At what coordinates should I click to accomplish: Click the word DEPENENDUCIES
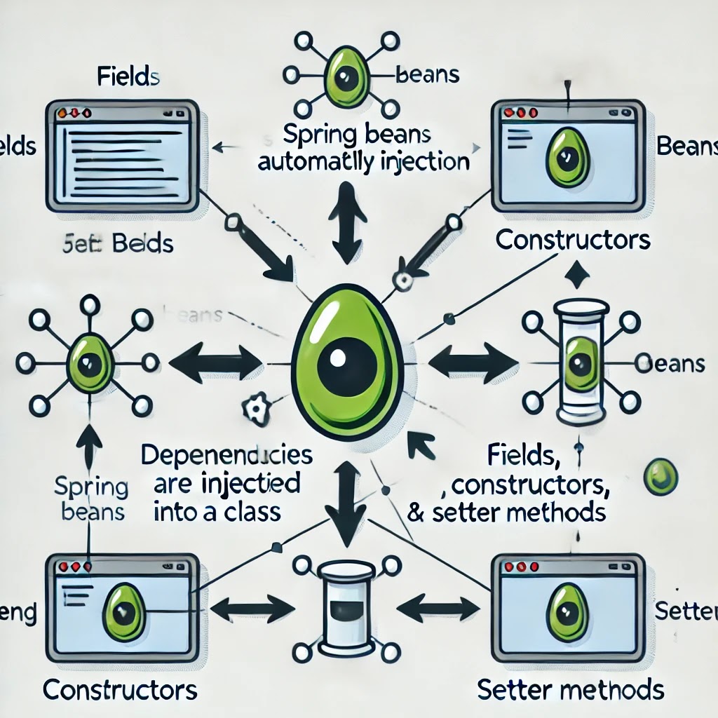(x=226, y=455)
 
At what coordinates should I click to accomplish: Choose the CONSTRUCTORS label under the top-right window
(x=573, y=240)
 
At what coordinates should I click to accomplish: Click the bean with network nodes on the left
(x=88, y=363)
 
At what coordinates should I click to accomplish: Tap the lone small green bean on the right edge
(x=660, y=477)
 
